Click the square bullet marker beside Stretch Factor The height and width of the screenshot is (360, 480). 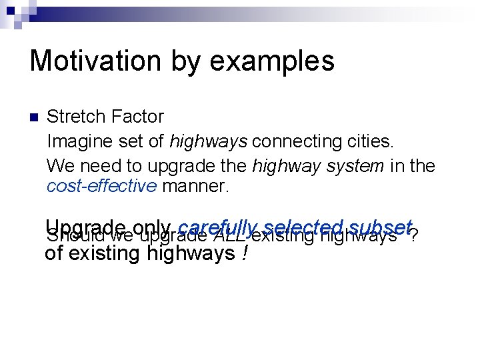click(x=35, y=117)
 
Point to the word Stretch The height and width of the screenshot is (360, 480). click(x=73, y=117)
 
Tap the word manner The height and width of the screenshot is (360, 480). click(x=195, y=186)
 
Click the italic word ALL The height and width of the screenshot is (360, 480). click(x=229, y=236)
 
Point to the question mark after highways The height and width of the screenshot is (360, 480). click(x=415, y=236)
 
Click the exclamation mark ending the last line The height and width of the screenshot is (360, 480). click(x=245, y=253)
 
